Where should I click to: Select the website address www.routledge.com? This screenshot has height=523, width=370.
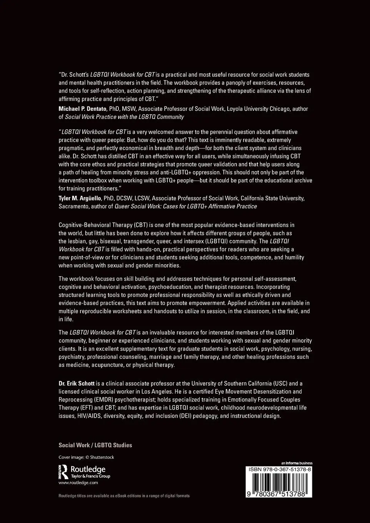click(x=78, y=482)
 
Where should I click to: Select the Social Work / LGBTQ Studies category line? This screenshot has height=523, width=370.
click(x=95, y=445)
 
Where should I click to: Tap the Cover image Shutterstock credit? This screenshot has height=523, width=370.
click(x=86, y=457)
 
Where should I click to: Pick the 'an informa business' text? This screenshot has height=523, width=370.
click(x=297, y=463)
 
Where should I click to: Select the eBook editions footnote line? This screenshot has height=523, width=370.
click(x=124, y=496)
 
